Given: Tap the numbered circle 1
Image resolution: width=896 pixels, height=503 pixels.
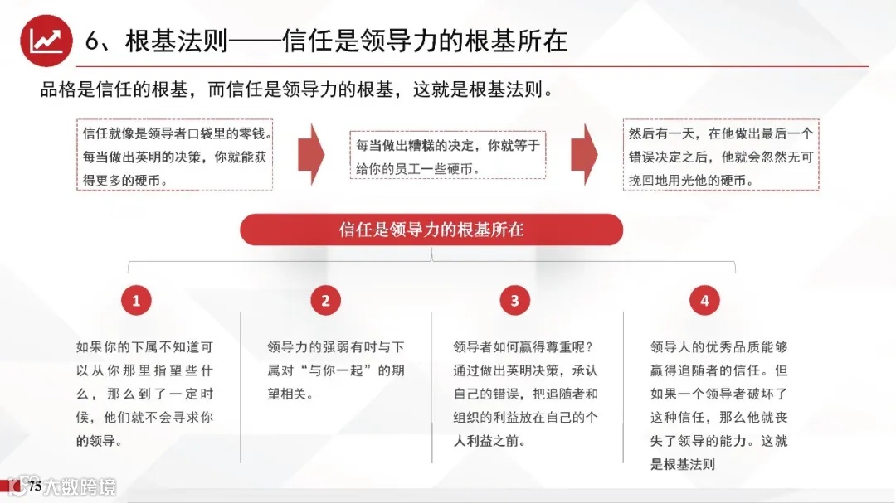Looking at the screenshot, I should tap(137, 301).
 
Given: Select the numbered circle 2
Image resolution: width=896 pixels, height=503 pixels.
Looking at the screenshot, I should tap(325, 301).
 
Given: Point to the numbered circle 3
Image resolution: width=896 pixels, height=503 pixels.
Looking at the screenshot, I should tap(514, 301).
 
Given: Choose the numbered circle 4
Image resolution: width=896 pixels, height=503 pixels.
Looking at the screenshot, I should tap(704, 301).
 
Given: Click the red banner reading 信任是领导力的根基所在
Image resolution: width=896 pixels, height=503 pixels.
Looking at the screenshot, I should tap(431, 230).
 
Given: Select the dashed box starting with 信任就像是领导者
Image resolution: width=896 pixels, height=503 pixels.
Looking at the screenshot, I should tap(175, 156).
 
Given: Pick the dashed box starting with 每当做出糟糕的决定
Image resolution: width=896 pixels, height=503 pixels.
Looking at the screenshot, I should tap(448, 156).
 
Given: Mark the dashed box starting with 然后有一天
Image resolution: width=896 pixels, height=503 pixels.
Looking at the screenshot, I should tap(721, 156).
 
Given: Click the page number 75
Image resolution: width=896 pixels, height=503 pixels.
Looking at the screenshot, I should tap(35, 487).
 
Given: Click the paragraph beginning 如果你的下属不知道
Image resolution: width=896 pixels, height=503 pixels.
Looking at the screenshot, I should tap(144, 394).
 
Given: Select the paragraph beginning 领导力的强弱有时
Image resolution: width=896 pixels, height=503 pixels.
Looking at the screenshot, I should tap(335, 370).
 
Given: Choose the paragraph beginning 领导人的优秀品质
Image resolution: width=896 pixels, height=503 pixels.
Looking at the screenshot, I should tap(718, 405).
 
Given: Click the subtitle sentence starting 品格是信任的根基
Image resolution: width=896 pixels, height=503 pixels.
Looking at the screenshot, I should tap(296, 89).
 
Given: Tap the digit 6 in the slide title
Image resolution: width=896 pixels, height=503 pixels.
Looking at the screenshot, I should tap(93, 41).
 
